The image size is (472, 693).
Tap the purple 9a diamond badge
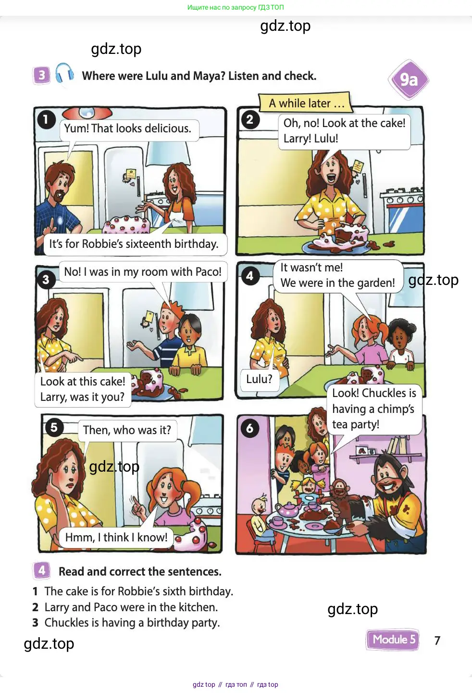(x=409, y=80)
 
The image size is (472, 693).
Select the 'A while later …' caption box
(x=306, y=103)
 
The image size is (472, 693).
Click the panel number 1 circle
(x=46, y=120)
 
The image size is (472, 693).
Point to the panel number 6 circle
(x=249, y=428)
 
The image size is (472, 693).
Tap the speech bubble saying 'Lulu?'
(x=259, y=379)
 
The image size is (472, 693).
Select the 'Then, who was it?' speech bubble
(x=127, y=430)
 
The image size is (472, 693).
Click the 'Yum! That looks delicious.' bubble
(x=128, y=128)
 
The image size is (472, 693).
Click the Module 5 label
(x=393, y=640)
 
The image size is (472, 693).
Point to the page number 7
(x=437, y=640)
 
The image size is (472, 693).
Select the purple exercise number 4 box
(x=42, y=570)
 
